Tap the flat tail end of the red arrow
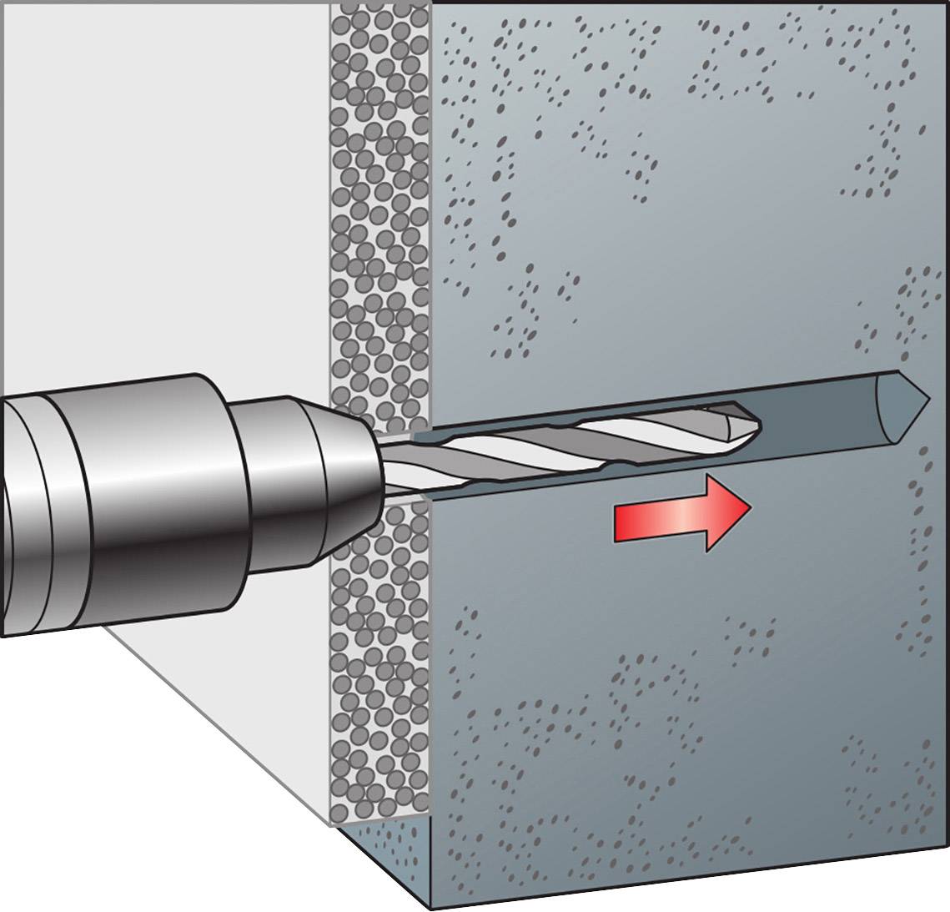tap(618, 521)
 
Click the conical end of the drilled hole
tap(909, 399)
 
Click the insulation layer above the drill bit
tap(379, 209)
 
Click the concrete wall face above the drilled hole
tap(667, 209)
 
